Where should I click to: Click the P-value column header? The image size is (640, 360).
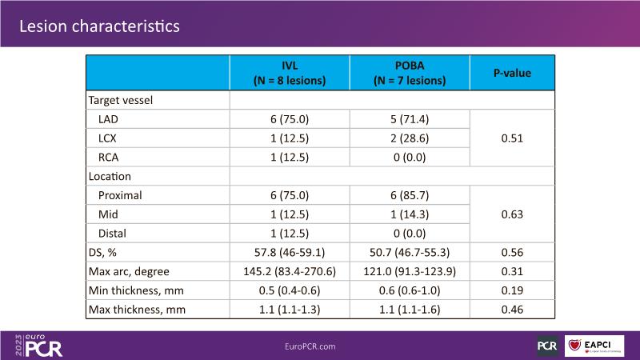tap(512, 73)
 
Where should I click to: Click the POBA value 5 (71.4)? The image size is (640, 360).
tap(410, 119)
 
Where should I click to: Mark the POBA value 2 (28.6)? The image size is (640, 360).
tap(410, 138)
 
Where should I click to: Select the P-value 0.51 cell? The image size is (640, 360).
tap(512, 138)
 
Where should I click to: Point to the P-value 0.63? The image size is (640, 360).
tap(512, 214)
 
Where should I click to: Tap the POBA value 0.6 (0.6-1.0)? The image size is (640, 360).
tap(410, 290)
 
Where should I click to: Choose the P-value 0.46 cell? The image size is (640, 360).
tap(512, 309)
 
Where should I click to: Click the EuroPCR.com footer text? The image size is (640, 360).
tap(310, 346)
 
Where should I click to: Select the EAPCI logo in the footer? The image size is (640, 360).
tap(594, 346)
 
